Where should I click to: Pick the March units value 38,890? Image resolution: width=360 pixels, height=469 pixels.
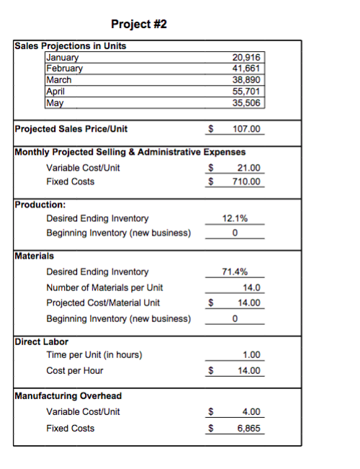click(248, 80)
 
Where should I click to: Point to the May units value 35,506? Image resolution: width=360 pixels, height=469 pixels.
click(248, 102)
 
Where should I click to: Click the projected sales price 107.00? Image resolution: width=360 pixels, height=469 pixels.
click(248, 130)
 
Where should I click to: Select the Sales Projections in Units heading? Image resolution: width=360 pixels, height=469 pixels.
click(70, 46)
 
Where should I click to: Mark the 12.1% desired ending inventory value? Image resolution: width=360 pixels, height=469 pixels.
click(236, 218)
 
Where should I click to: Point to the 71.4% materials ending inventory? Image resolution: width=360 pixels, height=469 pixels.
click(236, 272)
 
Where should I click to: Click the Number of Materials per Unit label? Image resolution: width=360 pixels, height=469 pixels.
click(104, 287)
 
